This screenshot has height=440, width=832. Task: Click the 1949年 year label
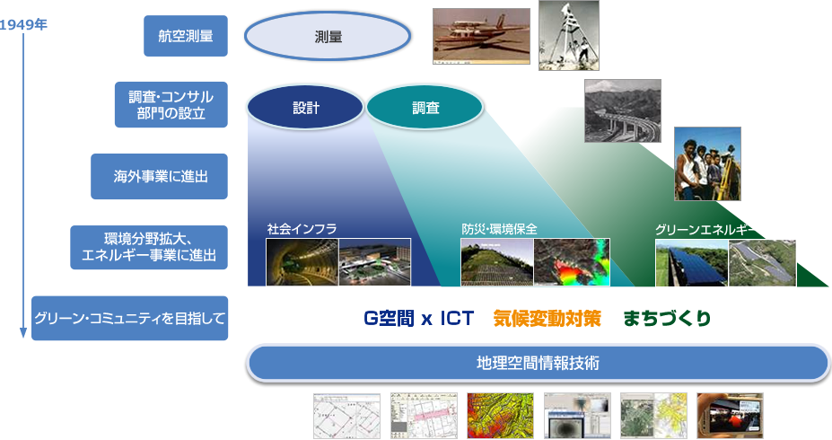click(x=23, y=24)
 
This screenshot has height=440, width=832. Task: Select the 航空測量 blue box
click(x=186, y=36)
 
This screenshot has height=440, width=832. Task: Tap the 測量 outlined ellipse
click(x=328, y=37)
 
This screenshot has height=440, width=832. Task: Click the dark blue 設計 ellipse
click(x=306, y=108)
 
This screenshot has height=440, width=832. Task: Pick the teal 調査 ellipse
click(x=425, y=108)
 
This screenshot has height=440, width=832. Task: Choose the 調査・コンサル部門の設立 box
click(x=171, y=104)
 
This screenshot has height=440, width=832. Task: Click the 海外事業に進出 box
click(x=159, y=177)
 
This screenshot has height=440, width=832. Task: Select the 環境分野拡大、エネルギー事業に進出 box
click(x=149, y=247)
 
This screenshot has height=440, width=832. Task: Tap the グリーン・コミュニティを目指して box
click(x=130, y=319)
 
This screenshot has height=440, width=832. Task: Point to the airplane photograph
click(x=481, y=36)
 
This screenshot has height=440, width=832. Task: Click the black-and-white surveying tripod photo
click(x=569, y=36)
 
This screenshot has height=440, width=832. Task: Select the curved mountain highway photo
click(x=623, y=111)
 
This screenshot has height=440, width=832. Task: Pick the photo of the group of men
click(x=707, y=163)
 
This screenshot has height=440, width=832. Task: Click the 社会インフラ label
click(x=302, y=229)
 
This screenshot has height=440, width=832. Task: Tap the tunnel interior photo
click(x=302, y=262)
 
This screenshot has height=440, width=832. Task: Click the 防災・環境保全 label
click(x=499, y=229)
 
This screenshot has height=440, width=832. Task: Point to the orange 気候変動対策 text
click(x=547, y=319)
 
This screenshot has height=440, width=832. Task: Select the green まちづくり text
click(x=667, y=319)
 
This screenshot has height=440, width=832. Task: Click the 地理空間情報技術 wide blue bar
click(x=538, y=364)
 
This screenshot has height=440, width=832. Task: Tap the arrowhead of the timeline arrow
click(x=23, y=333)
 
